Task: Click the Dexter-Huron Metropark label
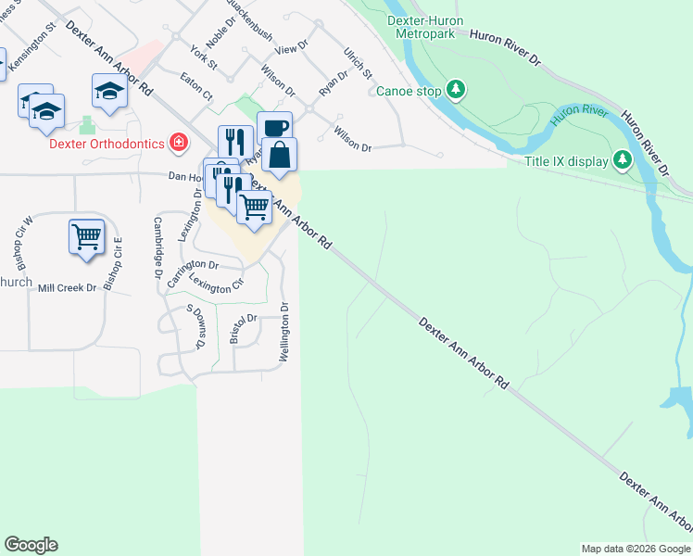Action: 429,27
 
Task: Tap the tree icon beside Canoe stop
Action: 455,90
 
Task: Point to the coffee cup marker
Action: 274,127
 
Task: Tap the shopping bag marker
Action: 279,154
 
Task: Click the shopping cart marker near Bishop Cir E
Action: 86,236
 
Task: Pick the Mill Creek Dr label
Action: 67,288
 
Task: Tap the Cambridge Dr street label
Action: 158,247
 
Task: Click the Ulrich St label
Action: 357,62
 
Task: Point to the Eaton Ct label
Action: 196,88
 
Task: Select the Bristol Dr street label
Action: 242,326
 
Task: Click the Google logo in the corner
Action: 31,545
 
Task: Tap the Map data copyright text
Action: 636,549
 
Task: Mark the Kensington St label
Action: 32,57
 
